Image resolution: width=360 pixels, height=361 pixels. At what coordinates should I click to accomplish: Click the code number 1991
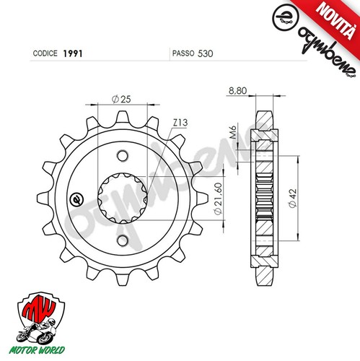tap(73, 53)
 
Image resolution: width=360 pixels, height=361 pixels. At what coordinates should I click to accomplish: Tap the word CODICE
tap(45, 53)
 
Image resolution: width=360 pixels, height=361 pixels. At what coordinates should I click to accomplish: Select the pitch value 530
tap(206, 53)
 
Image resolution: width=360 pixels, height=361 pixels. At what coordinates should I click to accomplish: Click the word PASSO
tap(183, 53)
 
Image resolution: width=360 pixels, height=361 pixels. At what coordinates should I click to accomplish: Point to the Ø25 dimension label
tap(121, 99)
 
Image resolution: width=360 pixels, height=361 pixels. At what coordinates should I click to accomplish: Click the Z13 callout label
tap(180, 123)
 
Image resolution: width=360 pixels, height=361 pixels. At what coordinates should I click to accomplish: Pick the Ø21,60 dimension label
tap(219, 199)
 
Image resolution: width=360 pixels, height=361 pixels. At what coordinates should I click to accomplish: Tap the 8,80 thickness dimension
tap(237, 91)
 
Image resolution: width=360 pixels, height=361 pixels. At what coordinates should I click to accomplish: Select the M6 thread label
tap(234, 132)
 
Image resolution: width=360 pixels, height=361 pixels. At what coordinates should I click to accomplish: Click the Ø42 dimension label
tap(293, 198)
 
